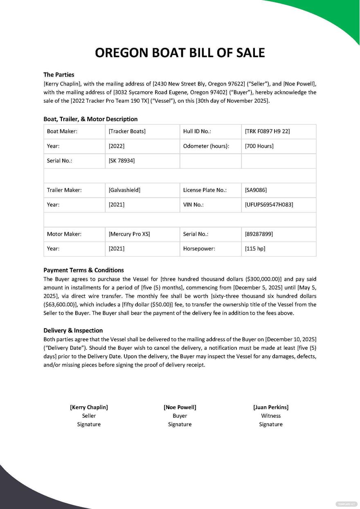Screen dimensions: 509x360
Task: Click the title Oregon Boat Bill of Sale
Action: (x=180, y=53)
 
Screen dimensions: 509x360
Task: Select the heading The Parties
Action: (x=59, y=74)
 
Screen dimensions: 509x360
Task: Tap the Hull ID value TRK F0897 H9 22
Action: (x=267, y=131)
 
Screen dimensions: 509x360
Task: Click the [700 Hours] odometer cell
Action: (x=259, y=146)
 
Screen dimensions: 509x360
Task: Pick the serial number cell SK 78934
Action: (x=122, y=161)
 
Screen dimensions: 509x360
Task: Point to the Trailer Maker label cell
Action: (x=64, y=190)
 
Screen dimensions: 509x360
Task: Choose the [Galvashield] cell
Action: (x=124, y=190)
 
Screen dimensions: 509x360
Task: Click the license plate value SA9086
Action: (x=256, y=190)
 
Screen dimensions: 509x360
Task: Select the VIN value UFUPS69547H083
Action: (x=269, y=205)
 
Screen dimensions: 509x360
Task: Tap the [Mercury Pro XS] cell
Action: (x=129, y=234)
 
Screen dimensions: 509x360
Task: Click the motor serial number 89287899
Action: (x=259, y=234)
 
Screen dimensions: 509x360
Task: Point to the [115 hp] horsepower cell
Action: (x=255, y=249)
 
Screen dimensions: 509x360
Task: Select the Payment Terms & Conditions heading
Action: (x=83, y=270)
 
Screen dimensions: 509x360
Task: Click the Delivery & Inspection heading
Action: (x=73, y=330)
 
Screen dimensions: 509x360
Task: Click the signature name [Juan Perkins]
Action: (x=271, y=407)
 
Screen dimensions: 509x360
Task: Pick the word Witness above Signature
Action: (x=271, y=416)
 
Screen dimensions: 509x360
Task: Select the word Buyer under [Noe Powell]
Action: (x=180, y=416)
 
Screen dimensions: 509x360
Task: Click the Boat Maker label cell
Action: (x=62, y=131)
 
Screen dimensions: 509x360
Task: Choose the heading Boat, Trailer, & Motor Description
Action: (x=90, y=119)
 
